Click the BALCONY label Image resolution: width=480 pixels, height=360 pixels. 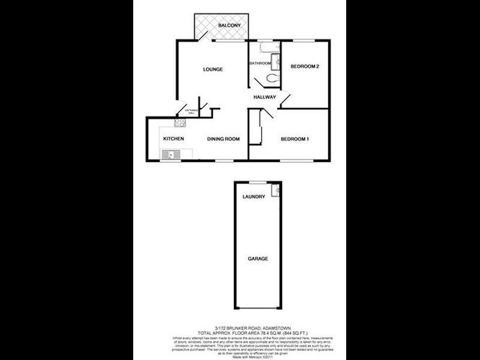230,25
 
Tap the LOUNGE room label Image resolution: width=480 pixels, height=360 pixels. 213,70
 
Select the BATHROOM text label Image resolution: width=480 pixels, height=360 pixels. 260,63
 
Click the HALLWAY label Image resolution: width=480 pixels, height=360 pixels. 265,97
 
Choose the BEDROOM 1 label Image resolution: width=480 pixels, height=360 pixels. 295,139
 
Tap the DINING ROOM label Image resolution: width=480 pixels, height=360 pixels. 224,139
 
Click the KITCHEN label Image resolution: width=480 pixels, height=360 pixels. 173,139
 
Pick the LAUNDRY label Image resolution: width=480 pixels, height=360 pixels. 253,197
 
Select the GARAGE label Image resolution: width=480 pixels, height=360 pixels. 258,259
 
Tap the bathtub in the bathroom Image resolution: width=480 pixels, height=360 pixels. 265,47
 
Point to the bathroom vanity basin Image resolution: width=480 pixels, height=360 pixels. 277,61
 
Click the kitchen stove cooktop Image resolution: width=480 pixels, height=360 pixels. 179,124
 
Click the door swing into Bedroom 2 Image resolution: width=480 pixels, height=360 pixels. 285,96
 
